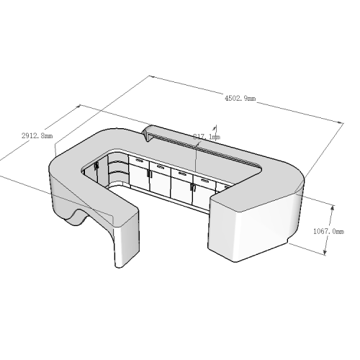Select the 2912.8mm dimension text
[x=37, y=135]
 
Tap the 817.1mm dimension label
[x=207, y=136]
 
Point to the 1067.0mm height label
[x=330, y=232]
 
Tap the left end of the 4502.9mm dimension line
[x=149, y=76]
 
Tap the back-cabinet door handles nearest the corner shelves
[x=149, y=172]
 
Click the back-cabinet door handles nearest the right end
[x=192, y=186]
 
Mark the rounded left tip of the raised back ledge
[x=147, y=130]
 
